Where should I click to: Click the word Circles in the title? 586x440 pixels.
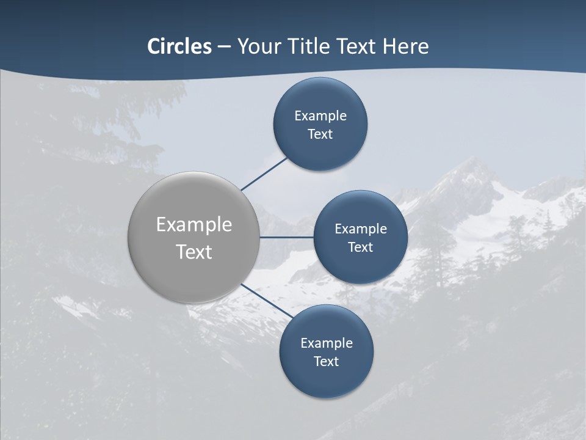click(x=179, y=46)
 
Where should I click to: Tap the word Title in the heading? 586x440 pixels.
click(x=313, y=46)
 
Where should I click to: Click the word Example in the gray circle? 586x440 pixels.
click(x=194, y=225)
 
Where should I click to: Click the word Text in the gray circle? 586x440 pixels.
click(x=194, y=252)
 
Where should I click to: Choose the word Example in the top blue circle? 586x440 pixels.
click(x=320, y=116)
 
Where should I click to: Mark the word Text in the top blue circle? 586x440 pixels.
click(x=320, y=134)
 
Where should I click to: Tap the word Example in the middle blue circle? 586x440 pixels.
click(x=361, y=229)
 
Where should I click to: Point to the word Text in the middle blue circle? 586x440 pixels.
click(x=361, y=248)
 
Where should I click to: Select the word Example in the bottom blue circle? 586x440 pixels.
click(x=327, y=343)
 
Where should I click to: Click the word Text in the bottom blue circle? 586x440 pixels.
click(x=327, y=362)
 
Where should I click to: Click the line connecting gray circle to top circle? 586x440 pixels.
click(x=264, y=174)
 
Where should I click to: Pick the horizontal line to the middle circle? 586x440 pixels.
click(x=286, y=237)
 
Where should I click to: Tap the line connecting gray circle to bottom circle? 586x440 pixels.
click(x=267, y=301)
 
